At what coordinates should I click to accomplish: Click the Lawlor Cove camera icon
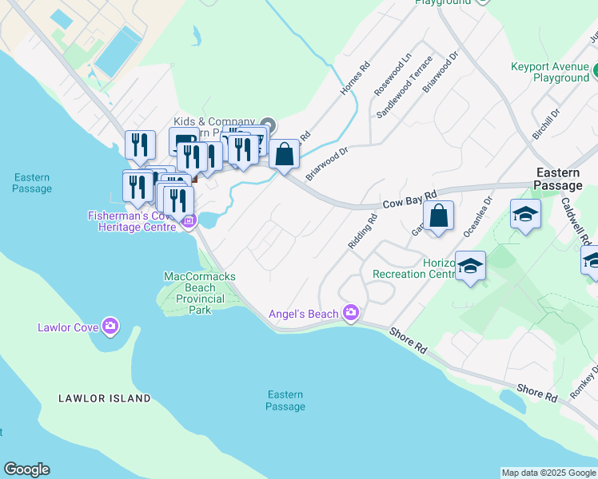coord(110,326)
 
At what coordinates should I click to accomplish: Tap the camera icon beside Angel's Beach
coord(350,313)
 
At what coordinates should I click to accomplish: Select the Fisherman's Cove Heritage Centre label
coord(132,221)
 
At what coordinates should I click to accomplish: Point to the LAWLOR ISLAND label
coord(104,398)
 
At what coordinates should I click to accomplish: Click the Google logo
coord(26,469)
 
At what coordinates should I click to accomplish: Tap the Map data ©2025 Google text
coord(548,473)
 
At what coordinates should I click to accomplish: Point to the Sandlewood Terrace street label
coord(404,88)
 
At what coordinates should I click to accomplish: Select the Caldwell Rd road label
coord(575,221)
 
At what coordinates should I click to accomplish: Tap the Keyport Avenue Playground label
coord(550,73)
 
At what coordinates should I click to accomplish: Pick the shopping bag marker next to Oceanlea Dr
coord(439,216)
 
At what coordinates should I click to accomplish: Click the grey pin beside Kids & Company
coord(269,125)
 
